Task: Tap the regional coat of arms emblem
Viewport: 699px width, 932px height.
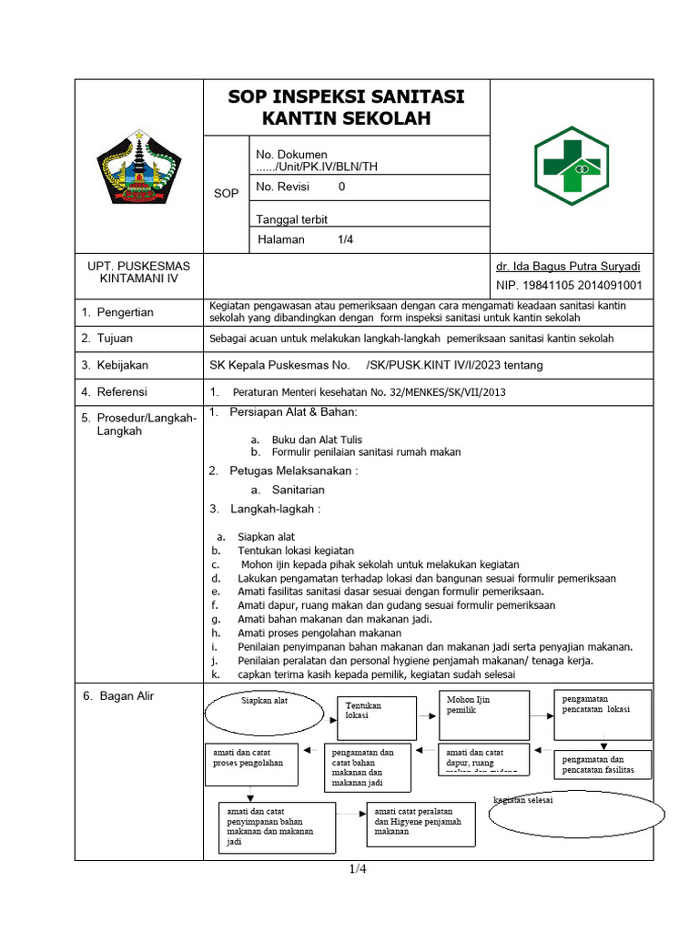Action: click(x=139, y=167)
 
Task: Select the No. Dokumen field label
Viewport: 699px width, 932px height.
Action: click(x=291, y=155)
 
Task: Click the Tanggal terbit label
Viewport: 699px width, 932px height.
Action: click(x=291, y=219)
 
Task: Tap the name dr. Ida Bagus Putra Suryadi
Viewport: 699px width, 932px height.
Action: click(x=568, y=267)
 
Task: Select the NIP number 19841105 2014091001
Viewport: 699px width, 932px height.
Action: click(x=569, y=285)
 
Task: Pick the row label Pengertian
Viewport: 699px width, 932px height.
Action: click(x=125, y=312)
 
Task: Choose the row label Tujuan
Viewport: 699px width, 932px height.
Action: click(x=116, y=339)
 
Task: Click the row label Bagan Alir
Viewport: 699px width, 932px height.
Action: click(x=125, y=696)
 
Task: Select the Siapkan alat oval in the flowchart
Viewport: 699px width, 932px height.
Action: click(x=264, y=712)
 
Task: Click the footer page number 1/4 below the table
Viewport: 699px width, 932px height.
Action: click(x=358, y=869)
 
